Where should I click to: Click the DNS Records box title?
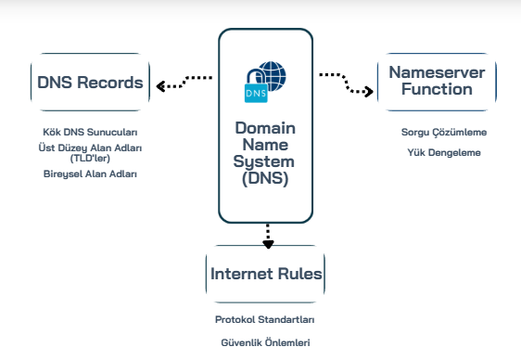tap(90, 83)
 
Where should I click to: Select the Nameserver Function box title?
tap(437, 81)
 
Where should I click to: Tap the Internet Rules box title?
tap(266, 274)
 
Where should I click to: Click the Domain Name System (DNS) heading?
tap(265, 153)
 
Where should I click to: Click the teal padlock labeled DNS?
tap(256, 88)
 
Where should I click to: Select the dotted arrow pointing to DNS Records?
tap(184, 82)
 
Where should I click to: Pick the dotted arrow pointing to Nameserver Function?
tap(346, 84)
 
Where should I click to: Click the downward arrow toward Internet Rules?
tap(268, 236)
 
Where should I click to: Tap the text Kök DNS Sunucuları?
tap(90, 132)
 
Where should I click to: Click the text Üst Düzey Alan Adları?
tap(90, 148)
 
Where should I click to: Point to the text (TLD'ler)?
tap(90, 159)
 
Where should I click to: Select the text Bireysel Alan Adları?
tap(90, 174)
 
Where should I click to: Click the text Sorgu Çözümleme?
tap(444, 133)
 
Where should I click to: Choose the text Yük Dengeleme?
tap(444, 152)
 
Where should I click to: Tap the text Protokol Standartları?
tap(265, 319)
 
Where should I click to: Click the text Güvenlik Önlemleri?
tap(265, 342)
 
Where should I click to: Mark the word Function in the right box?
tap(437, 89)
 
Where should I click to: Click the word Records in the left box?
tap(110, 83)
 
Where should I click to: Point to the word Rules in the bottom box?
tap(299, 274)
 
